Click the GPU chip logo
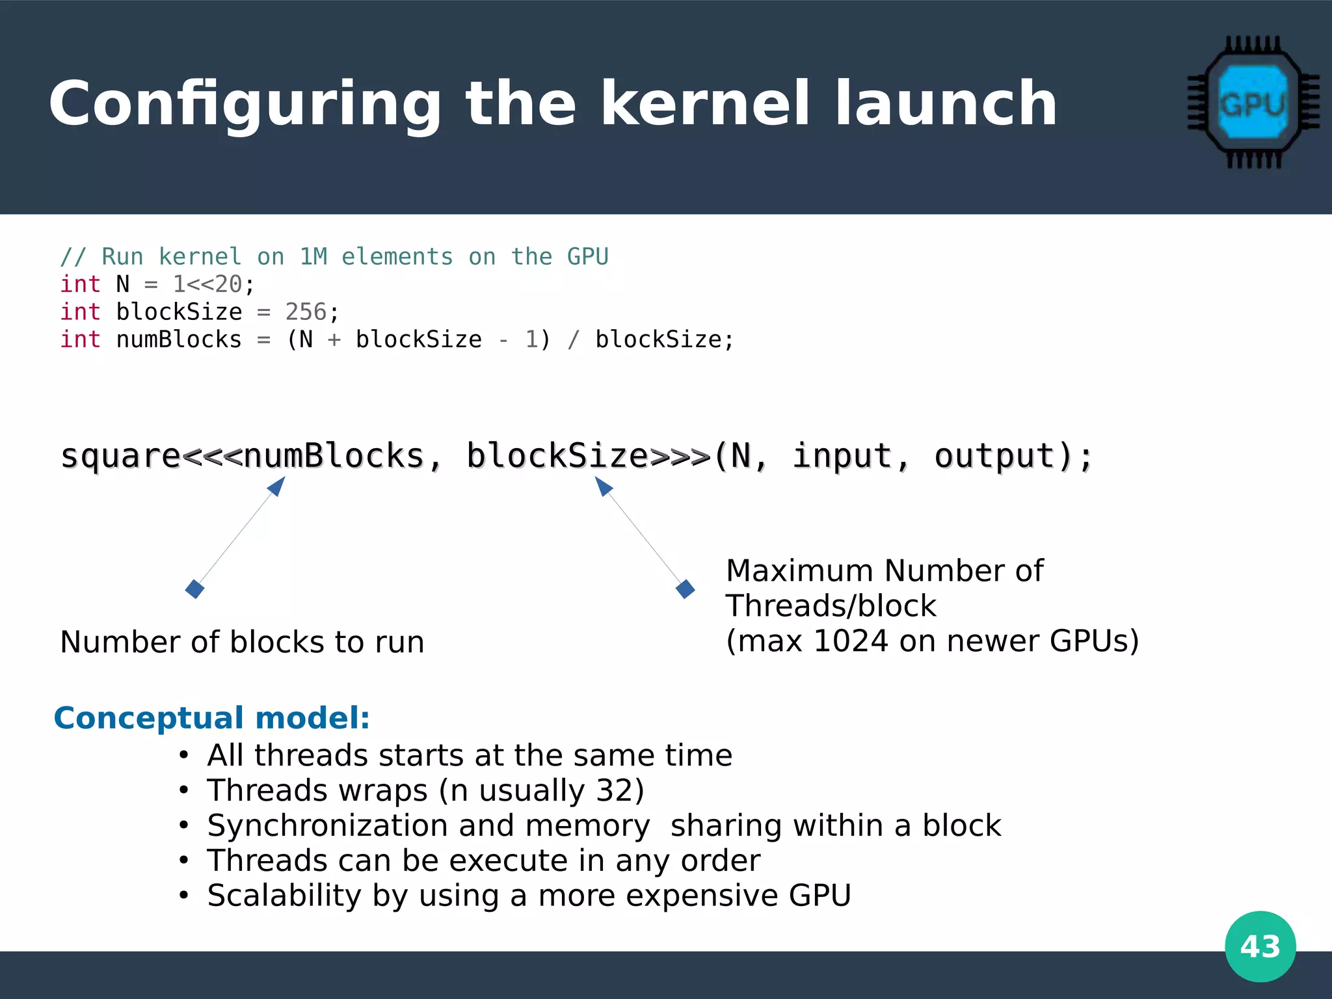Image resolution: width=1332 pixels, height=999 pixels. [x=1253, y=103]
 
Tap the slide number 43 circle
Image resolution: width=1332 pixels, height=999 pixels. [x=1260, y=946]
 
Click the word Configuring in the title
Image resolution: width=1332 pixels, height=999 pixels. [x=245, y=104]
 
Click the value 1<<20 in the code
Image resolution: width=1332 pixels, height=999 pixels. [x=207, y=284]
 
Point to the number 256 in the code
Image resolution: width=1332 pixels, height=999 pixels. [x=306, y=312]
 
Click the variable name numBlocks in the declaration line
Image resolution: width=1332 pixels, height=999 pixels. [x=179, y=340]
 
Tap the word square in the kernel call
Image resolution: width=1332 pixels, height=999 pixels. [x=120, y=457]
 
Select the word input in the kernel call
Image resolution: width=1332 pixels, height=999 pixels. [x=842, y=455]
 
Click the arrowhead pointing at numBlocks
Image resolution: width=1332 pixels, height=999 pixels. [x=278, y=485]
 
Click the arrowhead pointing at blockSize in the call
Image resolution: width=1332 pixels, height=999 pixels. [x=603, y=485]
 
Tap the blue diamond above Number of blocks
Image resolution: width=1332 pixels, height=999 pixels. [x=194, y=589]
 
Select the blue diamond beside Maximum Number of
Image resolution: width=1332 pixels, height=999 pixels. [x=686, y=589]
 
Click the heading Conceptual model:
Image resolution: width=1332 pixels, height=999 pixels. [x=212, y=718]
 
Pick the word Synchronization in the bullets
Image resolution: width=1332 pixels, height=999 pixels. [x=327, y=826]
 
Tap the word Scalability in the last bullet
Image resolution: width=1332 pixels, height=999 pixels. [x=284, y=896]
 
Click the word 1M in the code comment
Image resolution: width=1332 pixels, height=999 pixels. [x=313, y=257]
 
